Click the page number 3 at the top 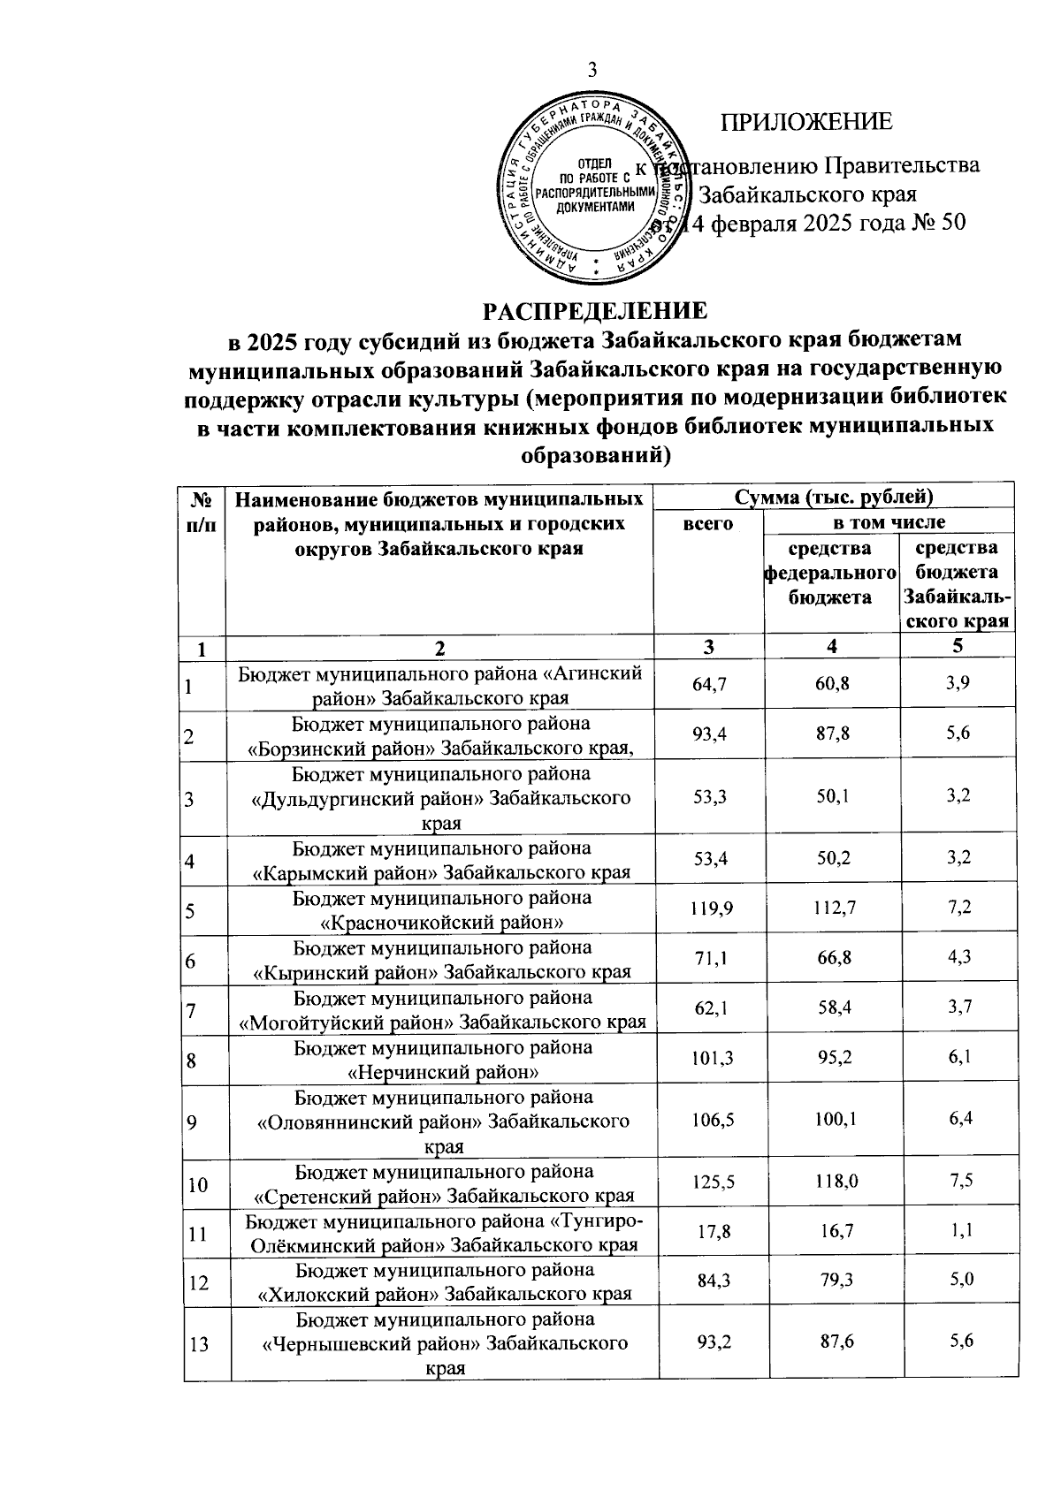point(592,72)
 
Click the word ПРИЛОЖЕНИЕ point(806,122)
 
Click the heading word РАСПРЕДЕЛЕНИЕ point(594,311)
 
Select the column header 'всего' point(708,524)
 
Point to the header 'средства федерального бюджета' point(830,573)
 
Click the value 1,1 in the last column point(960,1231)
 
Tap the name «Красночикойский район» point(443,924)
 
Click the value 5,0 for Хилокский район point(960,1281)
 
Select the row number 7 point(191,1008)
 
